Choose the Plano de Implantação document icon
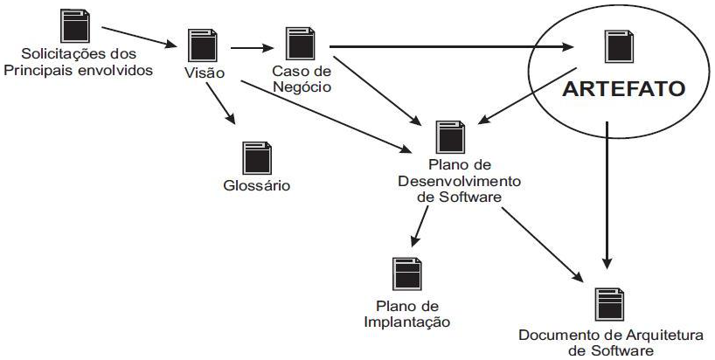tap(406, 274)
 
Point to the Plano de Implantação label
tap(406, 315)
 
